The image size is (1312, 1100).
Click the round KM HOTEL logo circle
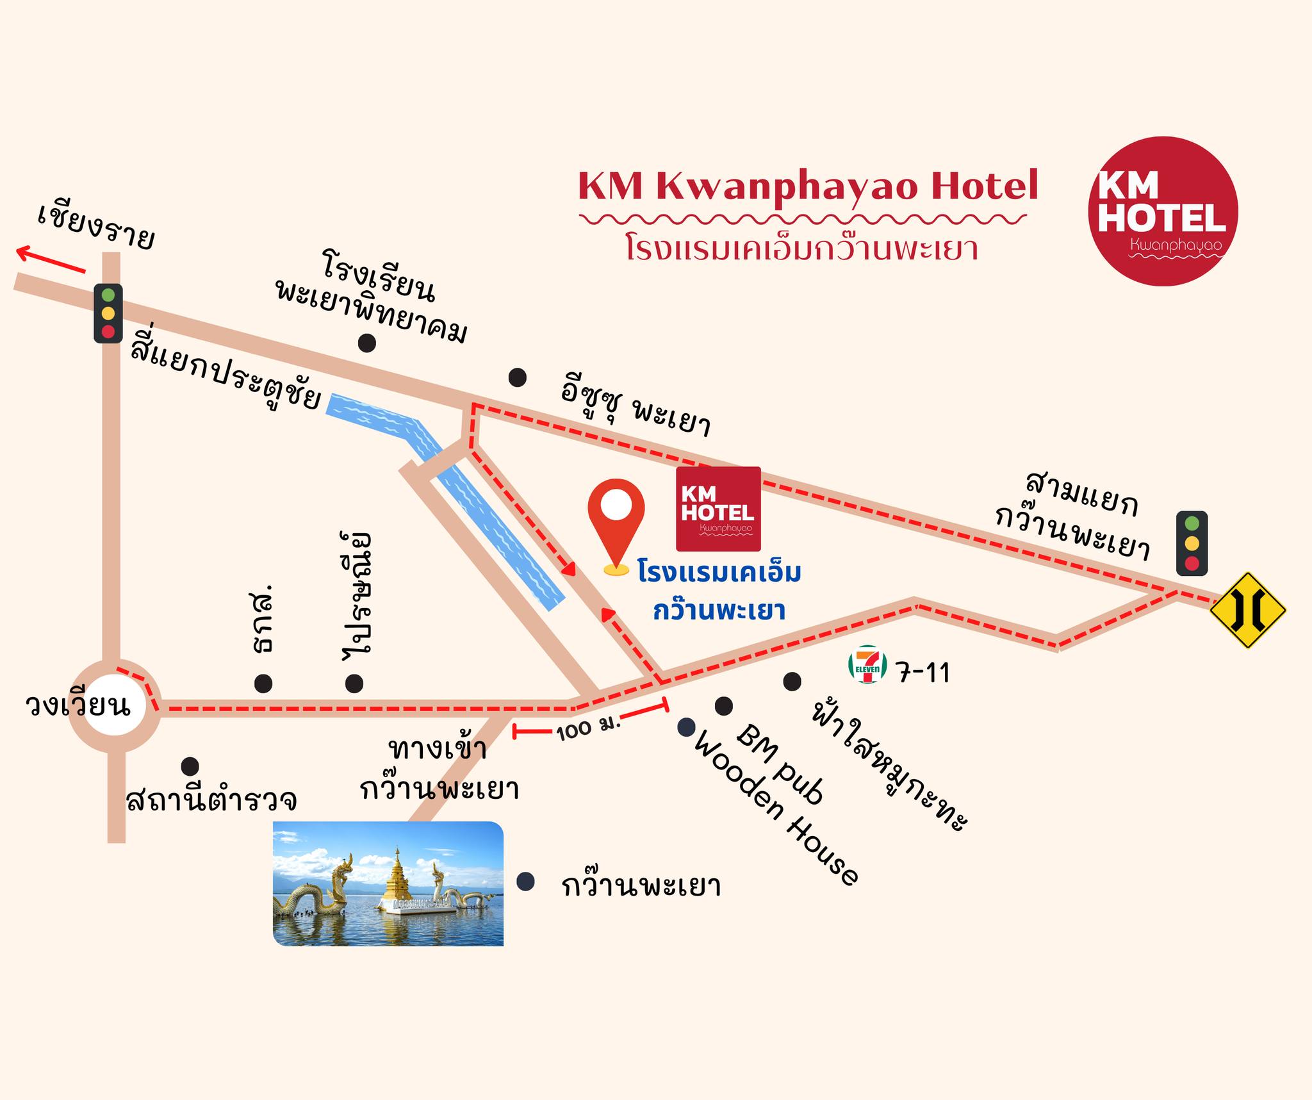(x=1163, y=211)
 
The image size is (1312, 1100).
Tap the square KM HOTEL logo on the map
(x=718, y=509)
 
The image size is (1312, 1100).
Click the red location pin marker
(x=616, y=519)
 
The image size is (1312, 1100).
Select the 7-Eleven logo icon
(x=867, y=664)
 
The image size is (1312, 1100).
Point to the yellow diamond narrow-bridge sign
(x=1247, y=610)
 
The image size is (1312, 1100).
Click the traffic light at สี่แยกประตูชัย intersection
(x=108, y=313)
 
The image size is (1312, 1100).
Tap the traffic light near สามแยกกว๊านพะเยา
(x=1192, y=543)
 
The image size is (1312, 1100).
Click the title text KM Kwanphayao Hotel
(x=807, y=186)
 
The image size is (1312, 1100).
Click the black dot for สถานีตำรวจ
(x=190, y=766)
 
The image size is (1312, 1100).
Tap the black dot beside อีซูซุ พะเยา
(x=517, y=377)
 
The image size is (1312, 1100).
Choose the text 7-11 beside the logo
(x=922, y=672)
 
